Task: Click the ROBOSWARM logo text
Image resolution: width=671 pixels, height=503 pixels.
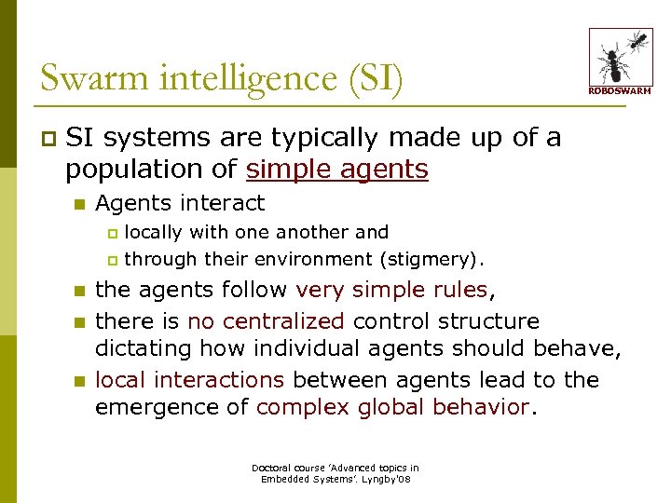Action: [x=620, y=90]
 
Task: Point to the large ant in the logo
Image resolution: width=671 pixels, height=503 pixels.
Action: [x=612, y=63]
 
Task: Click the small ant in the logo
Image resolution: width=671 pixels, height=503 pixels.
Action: [x=638, y=40]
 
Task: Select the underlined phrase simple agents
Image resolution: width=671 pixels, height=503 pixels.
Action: [x=337, y=170]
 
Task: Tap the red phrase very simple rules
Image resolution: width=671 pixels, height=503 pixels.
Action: [x=391, y=290]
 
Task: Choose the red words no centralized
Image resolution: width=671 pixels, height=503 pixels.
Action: [x=267, y=321]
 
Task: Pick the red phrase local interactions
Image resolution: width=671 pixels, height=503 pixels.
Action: [x=189, y=380]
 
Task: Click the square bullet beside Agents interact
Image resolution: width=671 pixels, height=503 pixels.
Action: [x=79, y=204]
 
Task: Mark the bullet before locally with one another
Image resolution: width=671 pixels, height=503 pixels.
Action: [x=114, y=232]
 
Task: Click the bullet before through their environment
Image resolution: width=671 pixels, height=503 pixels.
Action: [x=114, y=260]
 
